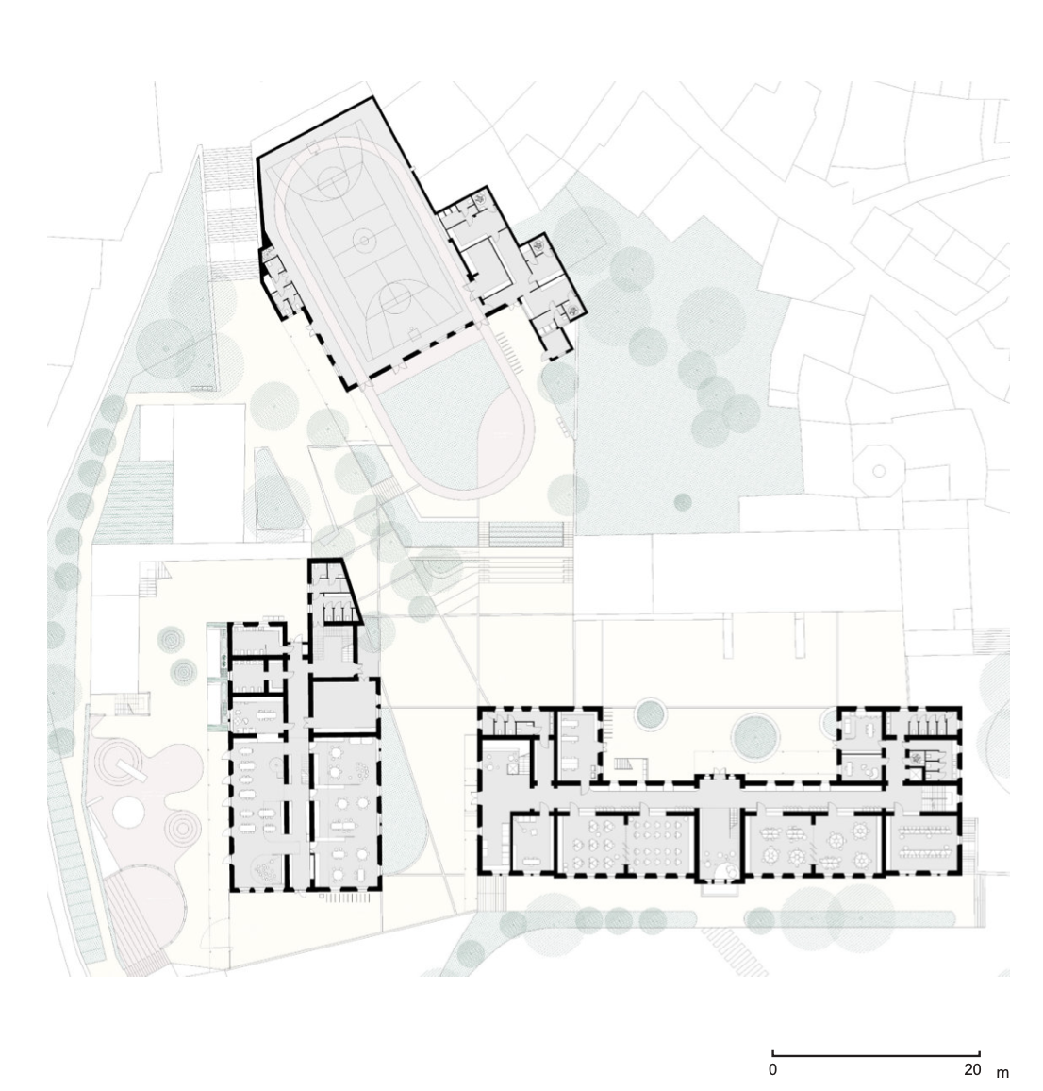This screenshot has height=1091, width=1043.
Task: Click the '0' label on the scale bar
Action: click(773, 1068)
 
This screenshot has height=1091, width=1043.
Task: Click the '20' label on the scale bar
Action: click(972, 1068)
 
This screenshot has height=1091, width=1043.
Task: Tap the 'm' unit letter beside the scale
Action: click(1002, 1072)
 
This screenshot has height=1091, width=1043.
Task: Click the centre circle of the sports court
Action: click(364, 242)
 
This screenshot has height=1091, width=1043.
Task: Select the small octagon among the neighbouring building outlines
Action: click(879, 471)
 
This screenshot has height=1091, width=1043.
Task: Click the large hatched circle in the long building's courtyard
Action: click(755, 735)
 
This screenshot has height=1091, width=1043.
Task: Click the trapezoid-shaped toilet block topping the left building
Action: click(333, 592)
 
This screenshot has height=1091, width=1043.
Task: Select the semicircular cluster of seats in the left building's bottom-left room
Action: click(267, 870)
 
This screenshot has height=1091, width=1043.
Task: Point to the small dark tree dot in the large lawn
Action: click(683, 502)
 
